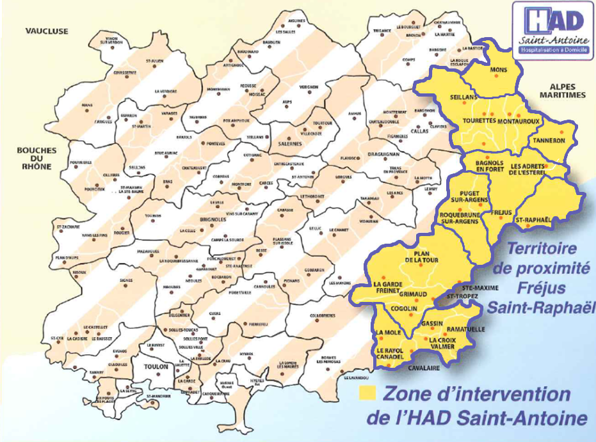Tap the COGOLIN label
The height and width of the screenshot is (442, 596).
pyautogui.click(x=404, y=309)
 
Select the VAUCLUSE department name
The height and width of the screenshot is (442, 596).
pyautogui.click(x=47, y=31)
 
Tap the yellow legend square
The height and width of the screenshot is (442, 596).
pyautogui.click(x=367, y=391)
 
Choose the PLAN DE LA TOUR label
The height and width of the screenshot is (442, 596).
pyautogui.click(x=421, y=258)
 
